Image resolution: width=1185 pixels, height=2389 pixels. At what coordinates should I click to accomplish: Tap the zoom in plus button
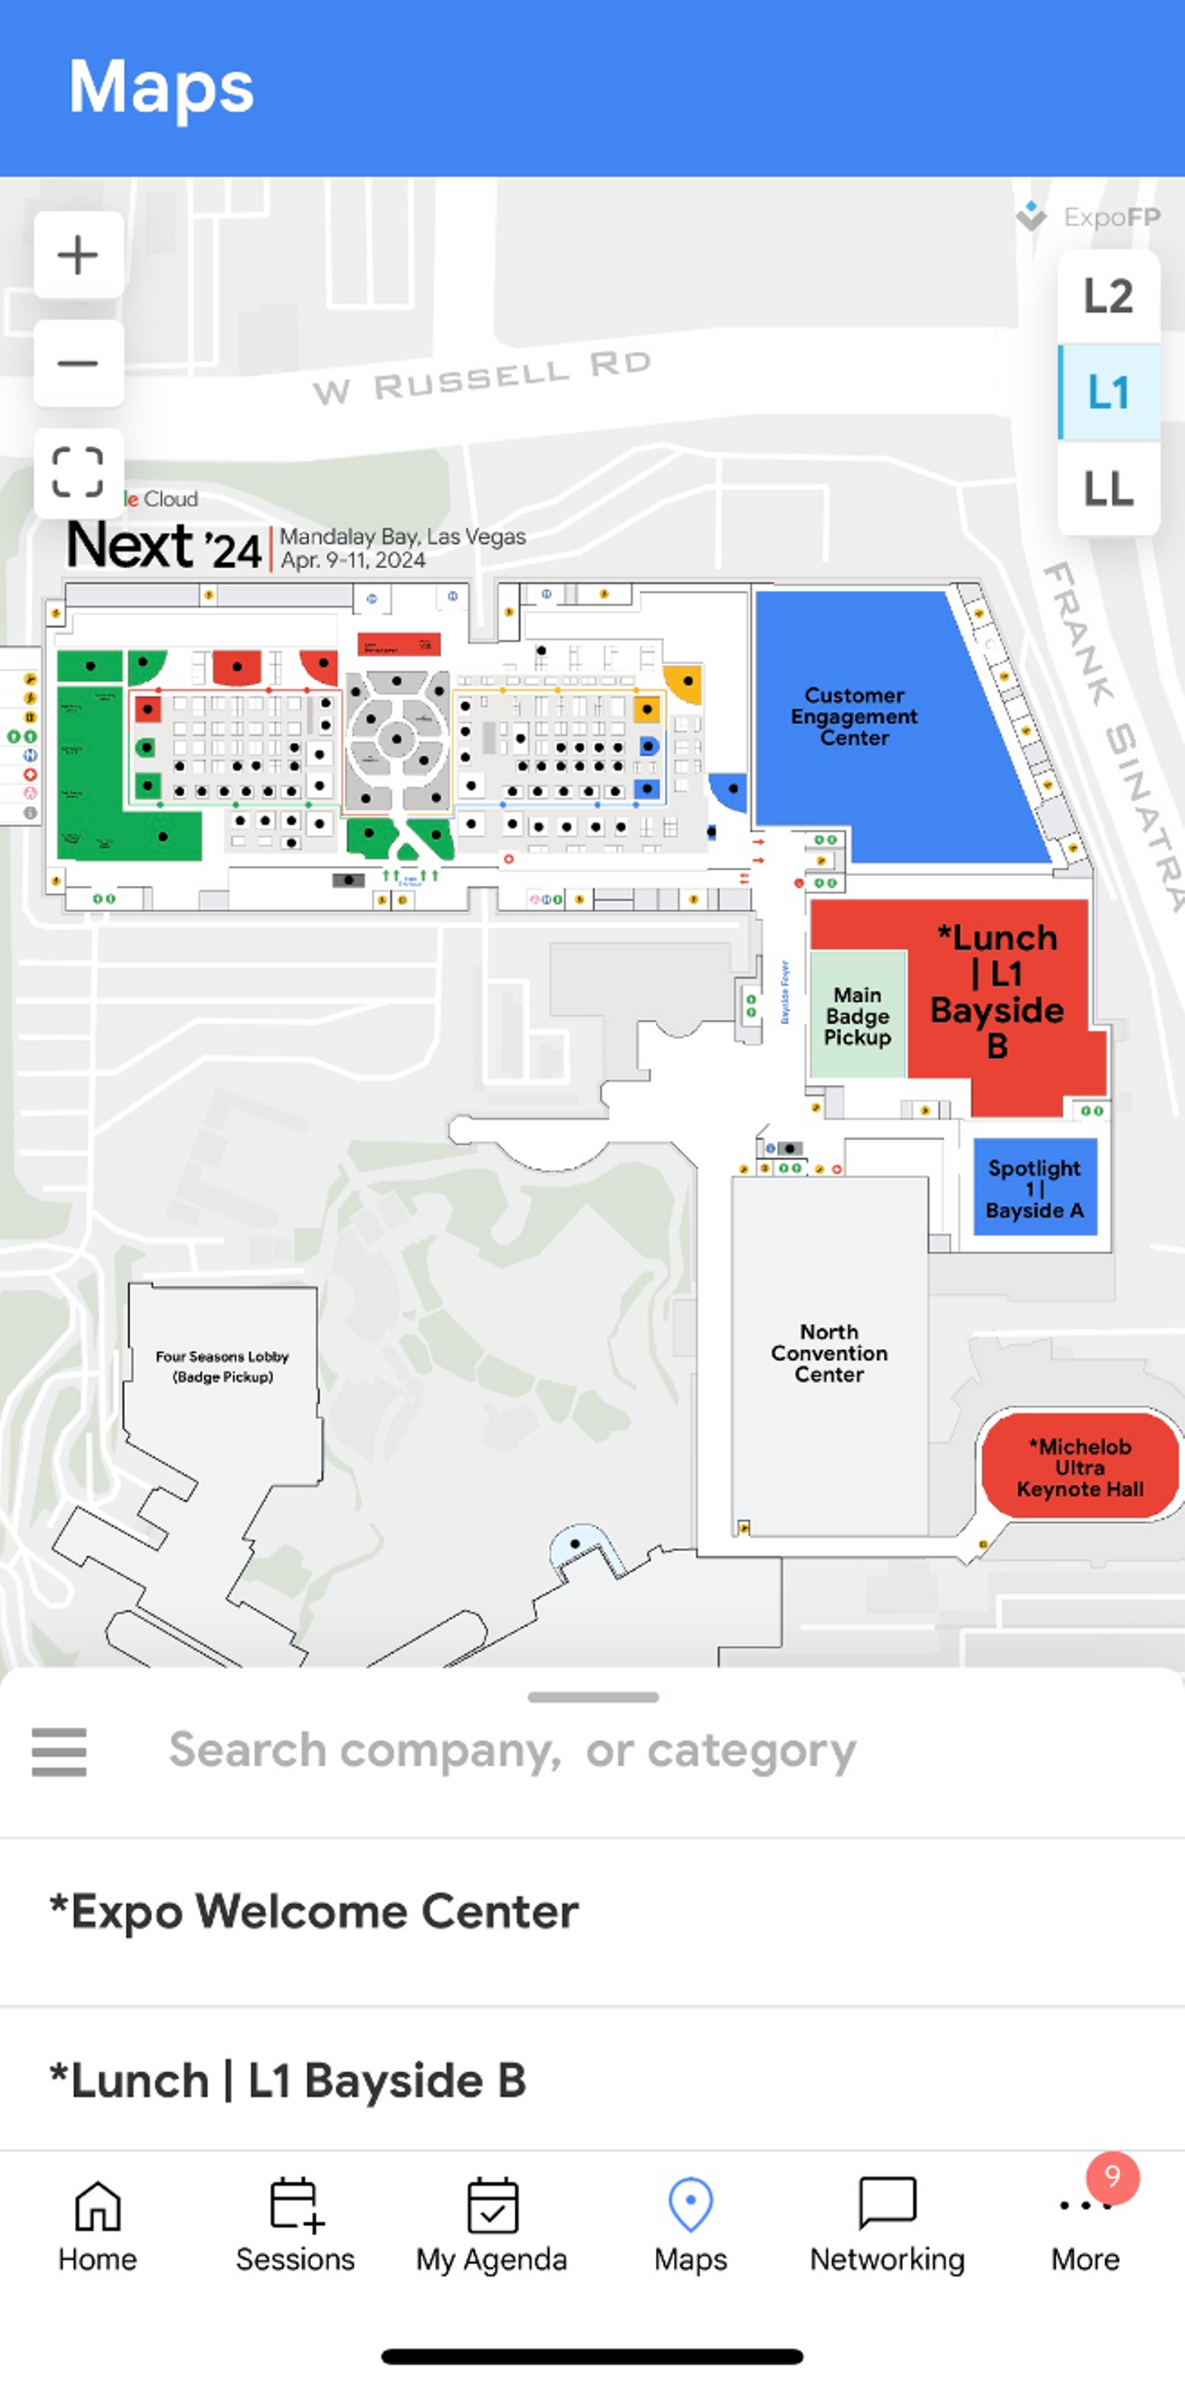78,255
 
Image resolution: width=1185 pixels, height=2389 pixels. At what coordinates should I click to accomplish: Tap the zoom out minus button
78,364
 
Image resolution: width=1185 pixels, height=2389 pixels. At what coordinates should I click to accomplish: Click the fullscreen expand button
78,472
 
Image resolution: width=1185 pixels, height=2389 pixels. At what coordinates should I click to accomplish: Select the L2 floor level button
1108,296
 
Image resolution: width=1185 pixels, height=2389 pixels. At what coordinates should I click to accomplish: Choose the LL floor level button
1108,489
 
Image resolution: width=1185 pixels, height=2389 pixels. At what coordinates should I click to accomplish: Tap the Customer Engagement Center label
854,716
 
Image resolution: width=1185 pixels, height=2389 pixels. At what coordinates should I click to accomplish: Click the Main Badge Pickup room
857,1016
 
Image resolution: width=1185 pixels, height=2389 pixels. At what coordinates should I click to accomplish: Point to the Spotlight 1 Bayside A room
1034,1188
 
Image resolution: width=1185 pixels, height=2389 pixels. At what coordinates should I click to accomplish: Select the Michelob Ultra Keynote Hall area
1080,1467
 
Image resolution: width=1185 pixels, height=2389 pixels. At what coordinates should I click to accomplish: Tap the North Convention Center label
829,1353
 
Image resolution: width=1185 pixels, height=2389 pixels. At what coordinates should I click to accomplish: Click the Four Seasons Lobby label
222,1366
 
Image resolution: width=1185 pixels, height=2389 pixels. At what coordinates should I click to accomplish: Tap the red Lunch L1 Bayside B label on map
997,990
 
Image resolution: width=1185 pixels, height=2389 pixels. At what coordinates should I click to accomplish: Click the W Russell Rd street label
482,379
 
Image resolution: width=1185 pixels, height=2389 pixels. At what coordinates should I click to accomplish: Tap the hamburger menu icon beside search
59,1751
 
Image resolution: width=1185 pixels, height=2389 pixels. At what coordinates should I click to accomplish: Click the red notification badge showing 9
1112,2177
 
